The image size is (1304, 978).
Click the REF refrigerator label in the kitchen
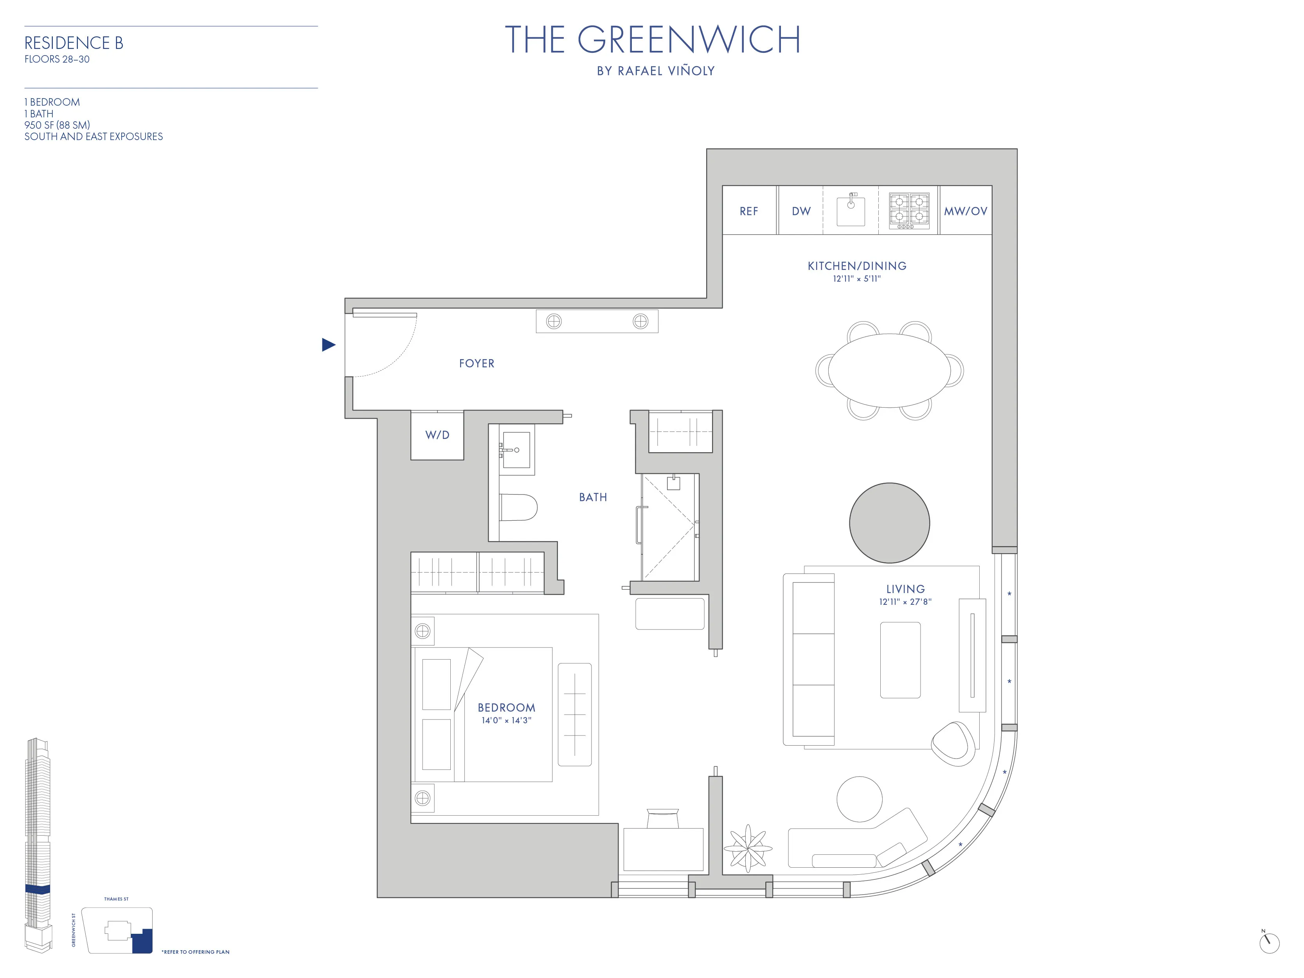tap(749, 211)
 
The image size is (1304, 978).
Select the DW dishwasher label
tap(801, 211)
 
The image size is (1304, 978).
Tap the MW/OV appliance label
tap(965, 211)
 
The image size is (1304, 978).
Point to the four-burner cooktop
tap(909, 210)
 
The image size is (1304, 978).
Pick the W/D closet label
tap(437, 435)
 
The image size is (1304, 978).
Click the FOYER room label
tap(476, 364)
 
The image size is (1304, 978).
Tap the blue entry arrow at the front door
tap(328, 345)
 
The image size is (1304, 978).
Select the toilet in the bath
tap(519, 507)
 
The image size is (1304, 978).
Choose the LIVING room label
tap(905, 589)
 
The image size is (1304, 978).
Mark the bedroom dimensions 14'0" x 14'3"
tap(506, 720)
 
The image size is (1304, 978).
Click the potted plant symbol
tap(748, 848)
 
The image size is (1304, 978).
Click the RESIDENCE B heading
tap(74, 43)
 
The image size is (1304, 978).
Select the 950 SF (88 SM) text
tap(57, 125)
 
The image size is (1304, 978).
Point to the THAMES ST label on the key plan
tap(116, 899)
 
